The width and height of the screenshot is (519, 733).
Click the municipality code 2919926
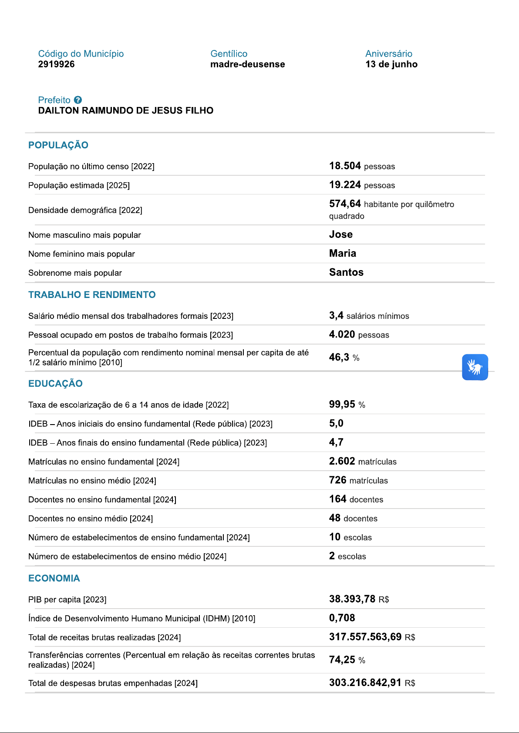click(x=56, y=64)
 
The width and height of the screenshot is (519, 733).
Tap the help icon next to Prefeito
click(x=78, y=100)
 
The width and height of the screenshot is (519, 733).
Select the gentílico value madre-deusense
click(x=247, y=64)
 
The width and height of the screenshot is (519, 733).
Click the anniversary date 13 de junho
click(x=391, y=64)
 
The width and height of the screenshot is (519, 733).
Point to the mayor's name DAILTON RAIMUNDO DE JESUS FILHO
click(x=125, y=110)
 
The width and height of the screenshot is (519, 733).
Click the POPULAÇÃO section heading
click(x=58, y=145)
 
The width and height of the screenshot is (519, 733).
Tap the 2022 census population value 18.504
click(x=345, y=166)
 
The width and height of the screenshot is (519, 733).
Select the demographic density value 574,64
click(x=345, y=204)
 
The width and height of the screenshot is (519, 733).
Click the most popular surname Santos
click(x=346, y=272)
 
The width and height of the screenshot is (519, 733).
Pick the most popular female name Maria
click(x=342, y=253)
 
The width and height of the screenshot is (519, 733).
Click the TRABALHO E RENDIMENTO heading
click(x=92, y=295)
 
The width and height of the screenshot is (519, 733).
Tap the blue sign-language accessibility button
click(x=475, y=367)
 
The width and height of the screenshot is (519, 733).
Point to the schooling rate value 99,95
click(x=342, y=404)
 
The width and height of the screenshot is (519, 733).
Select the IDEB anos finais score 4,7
click(x=336, y=442)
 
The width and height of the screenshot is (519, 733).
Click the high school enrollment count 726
click(x=337, y=480)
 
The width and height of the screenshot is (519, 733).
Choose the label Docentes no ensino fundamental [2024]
click(x=102, y=500)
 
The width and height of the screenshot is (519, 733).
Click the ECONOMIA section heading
click(x=54, y=579)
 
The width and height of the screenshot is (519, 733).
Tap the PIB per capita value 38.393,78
click(x=352, y=599)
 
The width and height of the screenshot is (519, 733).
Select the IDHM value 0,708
click(x=342, y=618)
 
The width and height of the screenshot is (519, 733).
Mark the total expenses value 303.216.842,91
click(x=365, y=683)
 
